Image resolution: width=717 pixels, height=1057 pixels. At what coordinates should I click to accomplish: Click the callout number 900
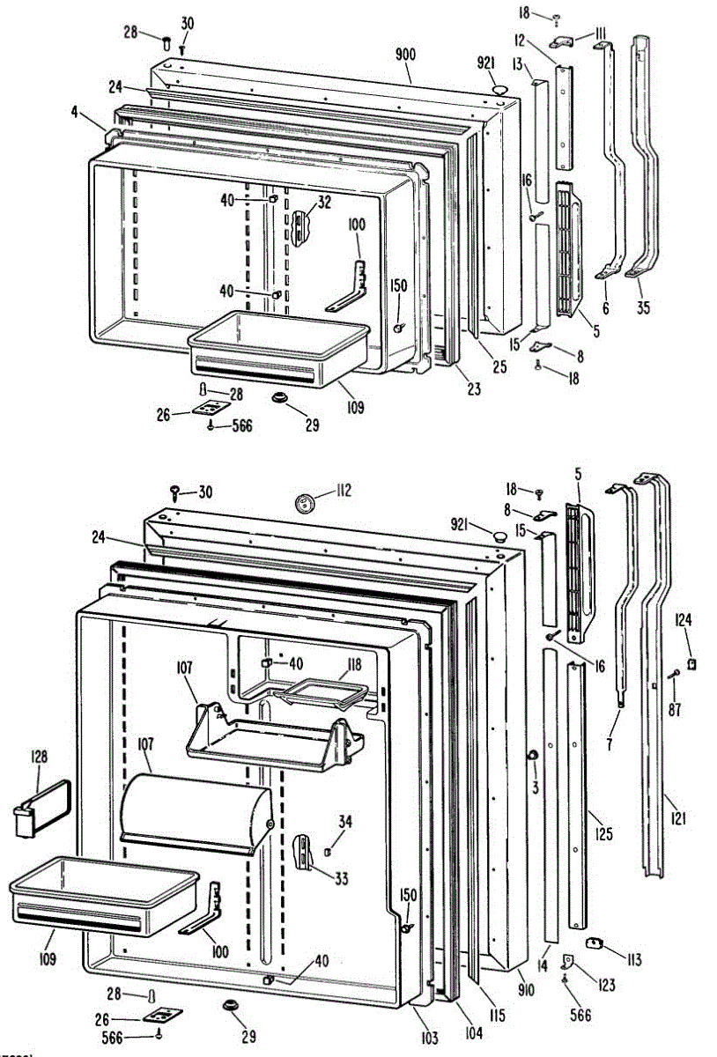405,55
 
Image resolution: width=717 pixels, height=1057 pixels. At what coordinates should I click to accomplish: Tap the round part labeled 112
306,503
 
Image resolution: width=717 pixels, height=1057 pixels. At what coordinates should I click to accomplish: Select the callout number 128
39,755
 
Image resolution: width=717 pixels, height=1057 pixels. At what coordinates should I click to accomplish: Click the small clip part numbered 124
692,662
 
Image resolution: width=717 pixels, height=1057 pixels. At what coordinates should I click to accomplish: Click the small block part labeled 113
595,943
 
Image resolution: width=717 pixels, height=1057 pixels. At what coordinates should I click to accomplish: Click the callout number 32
325,202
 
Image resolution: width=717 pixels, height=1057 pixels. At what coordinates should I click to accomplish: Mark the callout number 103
429,1039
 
